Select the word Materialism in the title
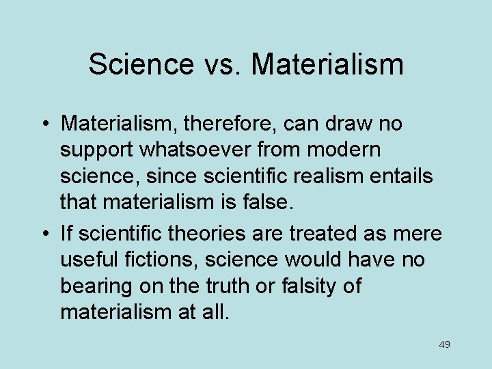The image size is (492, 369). pos(327,64)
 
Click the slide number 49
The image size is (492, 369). pos(444,344)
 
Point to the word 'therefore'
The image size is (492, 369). pos(220,124)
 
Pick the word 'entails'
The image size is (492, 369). pos(404,176)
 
